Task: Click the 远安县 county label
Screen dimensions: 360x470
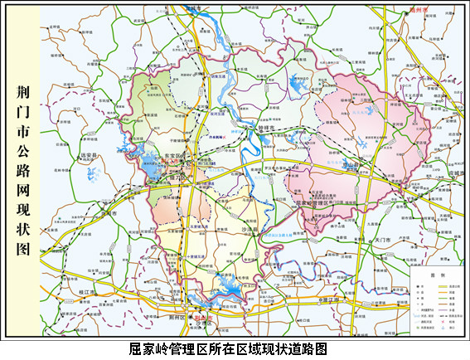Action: tap(90, 155)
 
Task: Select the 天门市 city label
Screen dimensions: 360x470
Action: tap(385, 239)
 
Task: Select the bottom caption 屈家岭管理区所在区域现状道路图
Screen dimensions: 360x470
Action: tap(235, 349)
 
